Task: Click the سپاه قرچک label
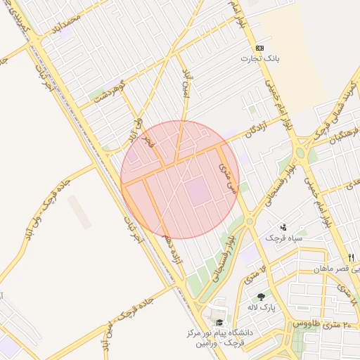pyautogui.click(x=283, y=238)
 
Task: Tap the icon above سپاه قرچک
pyautogui.click(x=283, y=227)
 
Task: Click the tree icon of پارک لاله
pyautogui.click(x=262, y=297)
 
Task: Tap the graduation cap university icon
pyautogui.click(x=219, y=322)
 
